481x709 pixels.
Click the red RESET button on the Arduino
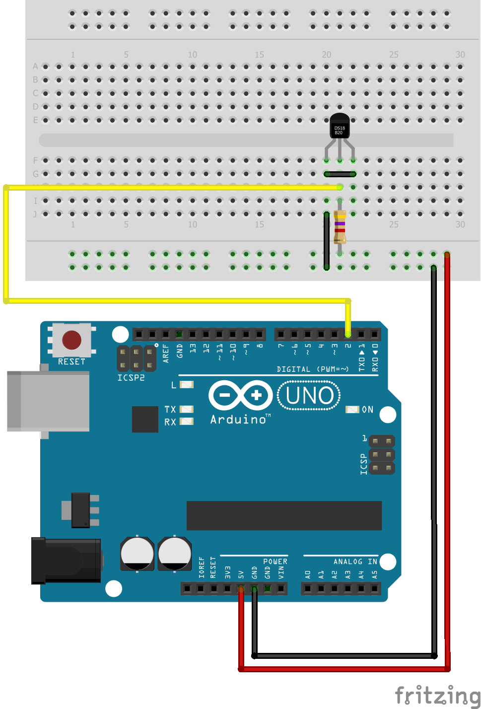click(71, 340)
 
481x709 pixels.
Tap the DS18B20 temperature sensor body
click(340, 126)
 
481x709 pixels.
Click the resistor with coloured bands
click(340, 227)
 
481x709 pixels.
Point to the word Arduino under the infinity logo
click(239, 420)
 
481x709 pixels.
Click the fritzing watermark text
click(437, 695)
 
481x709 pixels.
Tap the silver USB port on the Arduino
click(48, 401)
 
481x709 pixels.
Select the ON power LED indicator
click(352, 410)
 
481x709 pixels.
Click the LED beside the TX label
click(186, 409)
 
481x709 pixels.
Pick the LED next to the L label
click(186, 384)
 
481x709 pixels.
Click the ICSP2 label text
click(131, 378)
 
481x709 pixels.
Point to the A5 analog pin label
click(374, 574)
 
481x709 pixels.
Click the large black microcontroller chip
click(284, 515)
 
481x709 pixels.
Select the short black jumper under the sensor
click(340, 174)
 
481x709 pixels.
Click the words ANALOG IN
click(355, 562)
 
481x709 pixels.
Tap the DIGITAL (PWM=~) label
click(313, 369)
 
